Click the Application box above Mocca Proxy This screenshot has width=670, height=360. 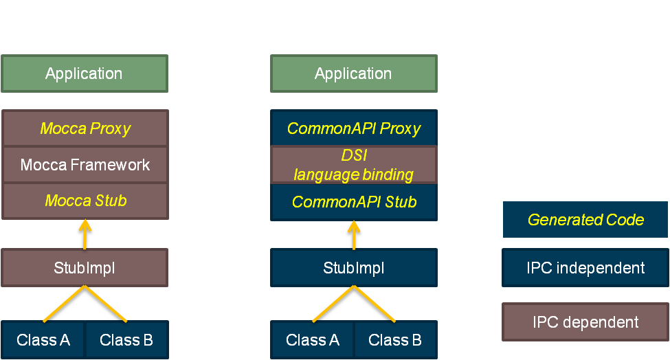point(85,74)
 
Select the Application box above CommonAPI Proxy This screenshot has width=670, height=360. point(354,74)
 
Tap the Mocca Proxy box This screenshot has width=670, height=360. point(85,128)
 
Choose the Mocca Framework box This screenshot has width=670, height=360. point(85,165)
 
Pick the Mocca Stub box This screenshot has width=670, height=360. point(85,201)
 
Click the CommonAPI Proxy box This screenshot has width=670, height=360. point(354,128)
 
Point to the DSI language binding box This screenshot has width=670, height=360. point(354,165)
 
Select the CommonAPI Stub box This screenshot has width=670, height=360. point(354,202)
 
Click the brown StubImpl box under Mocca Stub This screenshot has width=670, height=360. point(85,268)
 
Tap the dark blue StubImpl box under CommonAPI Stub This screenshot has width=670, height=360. point(354,268)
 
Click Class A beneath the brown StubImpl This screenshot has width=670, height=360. point(43,340)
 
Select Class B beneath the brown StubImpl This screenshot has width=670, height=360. point(127,340)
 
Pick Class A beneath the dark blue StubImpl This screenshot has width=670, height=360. point(312,340)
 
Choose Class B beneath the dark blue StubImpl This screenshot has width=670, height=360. point(396,340)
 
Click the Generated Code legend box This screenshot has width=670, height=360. point(585,219)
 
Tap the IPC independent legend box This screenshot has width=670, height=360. point(585,268)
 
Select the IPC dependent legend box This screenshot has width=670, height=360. point(585,322)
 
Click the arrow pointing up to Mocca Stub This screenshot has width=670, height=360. point(85,234)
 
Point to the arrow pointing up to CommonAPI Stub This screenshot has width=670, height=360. point(354,235)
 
